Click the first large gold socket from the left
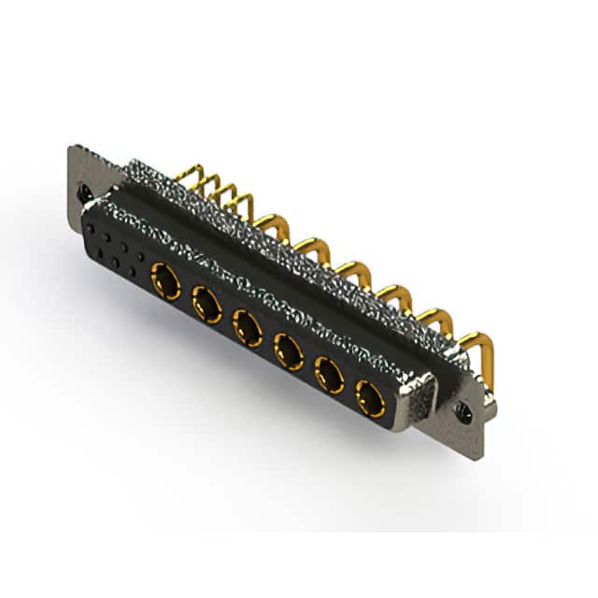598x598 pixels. point(166,280)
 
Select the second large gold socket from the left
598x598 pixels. point(206,304)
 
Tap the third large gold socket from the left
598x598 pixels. point(248,327)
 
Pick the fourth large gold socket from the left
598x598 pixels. point(289,351)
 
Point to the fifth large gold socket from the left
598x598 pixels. point(329,375)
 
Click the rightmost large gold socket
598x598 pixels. point(371,399)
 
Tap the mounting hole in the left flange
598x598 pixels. point(85,194)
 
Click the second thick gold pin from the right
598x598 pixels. point(433,320)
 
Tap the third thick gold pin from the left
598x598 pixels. point(352,272)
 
